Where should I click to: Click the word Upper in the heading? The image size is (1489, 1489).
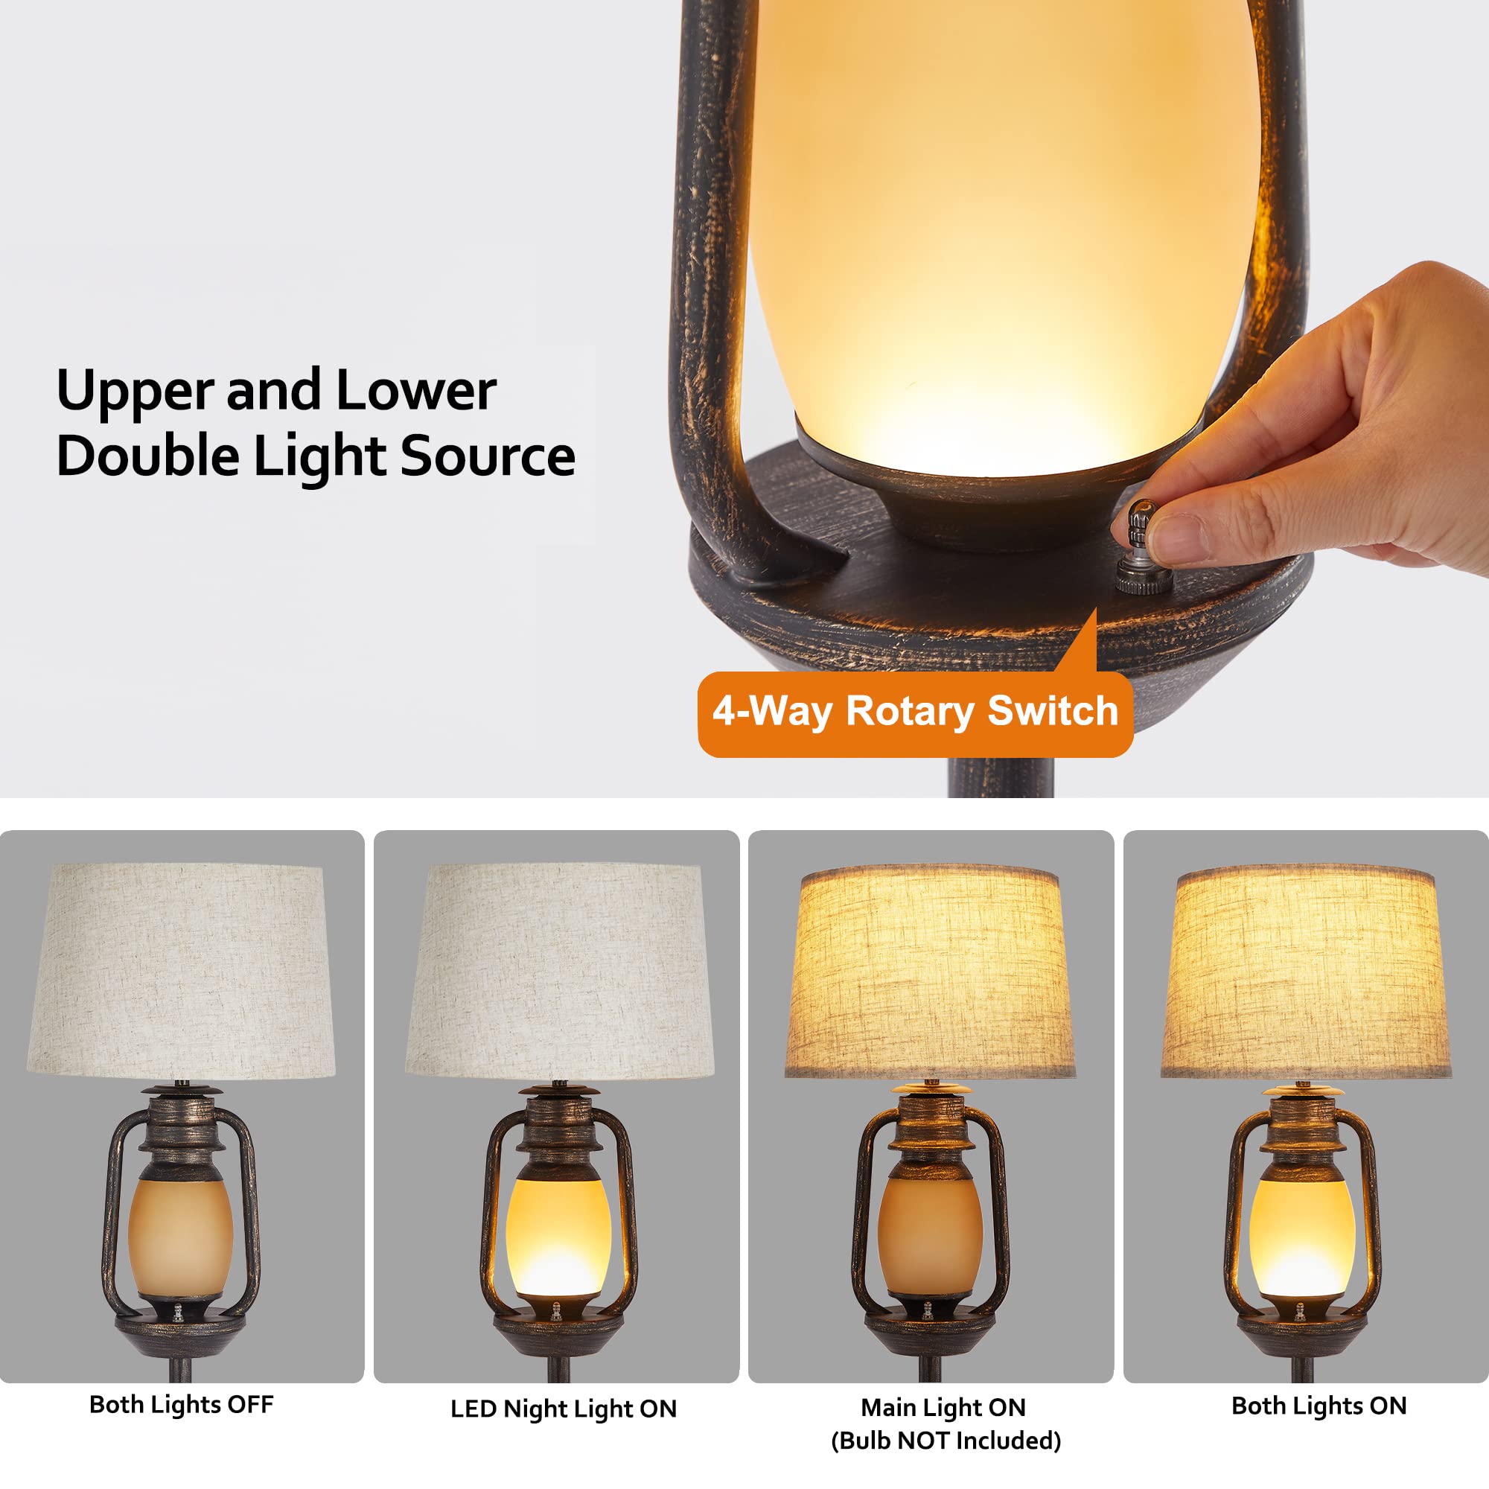coord(134,391)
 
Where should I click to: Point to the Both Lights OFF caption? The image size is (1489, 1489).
coord(182,1404)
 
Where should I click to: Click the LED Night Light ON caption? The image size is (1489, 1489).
coord(564,1409)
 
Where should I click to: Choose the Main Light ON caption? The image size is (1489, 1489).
coord(943,1407)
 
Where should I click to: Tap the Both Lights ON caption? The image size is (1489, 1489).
coord(1319,1406)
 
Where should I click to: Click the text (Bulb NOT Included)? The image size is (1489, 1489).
coord(946,1441)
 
